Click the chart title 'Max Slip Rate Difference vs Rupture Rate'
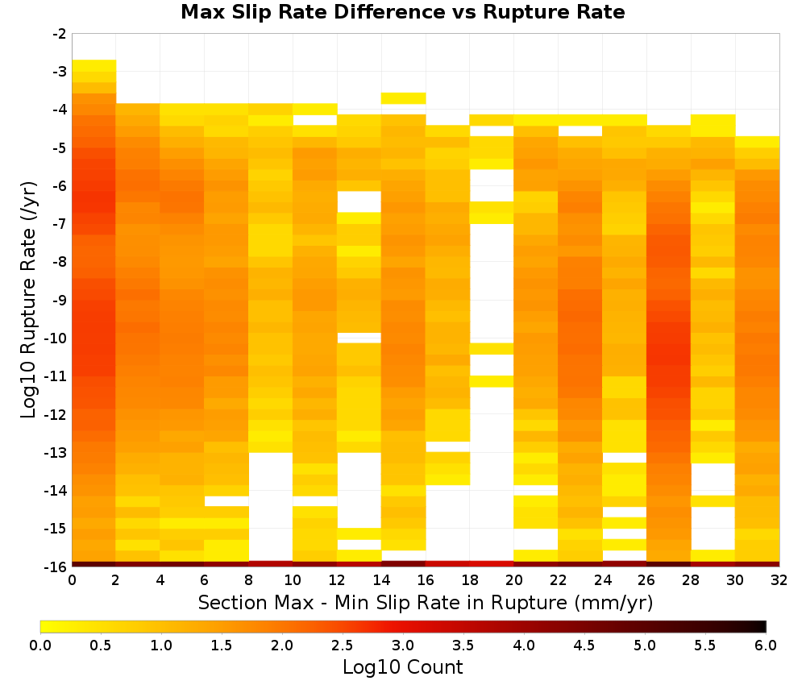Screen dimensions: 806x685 (402, 12)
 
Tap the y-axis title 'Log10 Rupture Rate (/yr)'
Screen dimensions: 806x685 (29, 300)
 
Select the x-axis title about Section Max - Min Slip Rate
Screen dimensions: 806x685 (425, 603)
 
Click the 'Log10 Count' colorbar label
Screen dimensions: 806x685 (402, 667)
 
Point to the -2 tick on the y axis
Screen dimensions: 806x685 (60, 34)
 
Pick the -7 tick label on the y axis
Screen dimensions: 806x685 (60, 224)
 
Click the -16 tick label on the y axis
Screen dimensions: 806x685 (56, 567)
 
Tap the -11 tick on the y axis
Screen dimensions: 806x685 (56, 376)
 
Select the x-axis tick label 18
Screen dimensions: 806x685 (470, 580)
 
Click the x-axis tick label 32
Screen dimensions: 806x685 (779, 580)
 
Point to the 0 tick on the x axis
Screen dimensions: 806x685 (72, 580)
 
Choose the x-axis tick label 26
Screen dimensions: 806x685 (646, 580)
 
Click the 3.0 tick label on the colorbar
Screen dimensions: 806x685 (403, 646)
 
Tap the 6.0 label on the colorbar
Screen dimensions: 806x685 (766, 646)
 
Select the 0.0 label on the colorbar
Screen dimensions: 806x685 (40, 646)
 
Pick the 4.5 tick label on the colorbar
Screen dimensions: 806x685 (584, 646)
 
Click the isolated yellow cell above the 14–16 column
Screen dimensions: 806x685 (403, 98)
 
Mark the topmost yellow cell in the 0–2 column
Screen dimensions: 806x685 (94, 65)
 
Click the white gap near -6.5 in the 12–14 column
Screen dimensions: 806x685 (359, 201)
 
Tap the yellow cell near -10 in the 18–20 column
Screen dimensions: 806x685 (492, 348)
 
